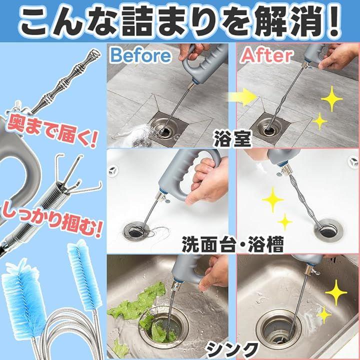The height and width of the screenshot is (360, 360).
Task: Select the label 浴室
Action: tap(232, 138)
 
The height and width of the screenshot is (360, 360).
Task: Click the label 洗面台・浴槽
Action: tap(232, 244)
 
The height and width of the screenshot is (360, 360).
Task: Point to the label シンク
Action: tap(232, 349)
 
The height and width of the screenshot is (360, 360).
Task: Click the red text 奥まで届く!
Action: tap(52, 131)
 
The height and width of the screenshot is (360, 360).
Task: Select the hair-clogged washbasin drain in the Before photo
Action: tap(137, 230)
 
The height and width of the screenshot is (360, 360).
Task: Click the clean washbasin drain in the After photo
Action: tap(328, 230)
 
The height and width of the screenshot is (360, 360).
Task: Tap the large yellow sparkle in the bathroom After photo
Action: tap(331, 99)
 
